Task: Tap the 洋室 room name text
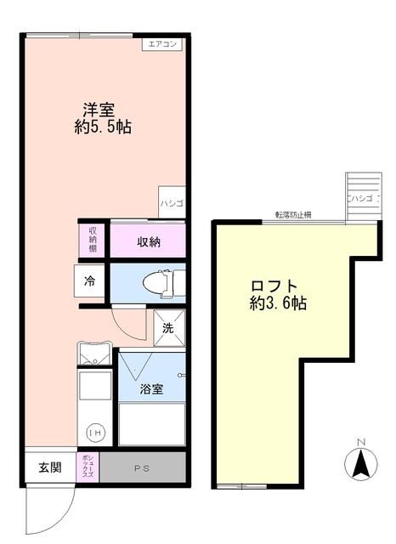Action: (99, 110)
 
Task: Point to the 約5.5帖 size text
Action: (102, 127)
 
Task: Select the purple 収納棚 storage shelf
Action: (93, 239)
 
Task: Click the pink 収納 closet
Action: (150, 241)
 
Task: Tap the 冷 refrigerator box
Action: (89, 279)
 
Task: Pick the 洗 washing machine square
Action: (168, 326)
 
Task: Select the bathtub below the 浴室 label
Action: (151, 423)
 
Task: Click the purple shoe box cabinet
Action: (88, 467)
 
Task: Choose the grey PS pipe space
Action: (142, 467)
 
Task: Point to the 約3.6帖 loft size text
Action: (278, 303)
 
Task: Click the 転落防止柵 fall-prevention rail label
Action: (292, 215)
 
